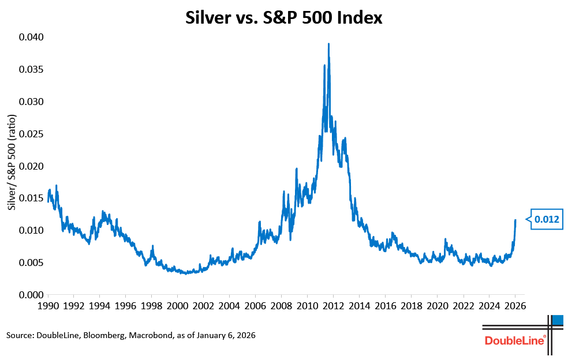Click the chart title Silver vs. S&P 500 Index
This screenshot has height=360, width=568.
[284, 18]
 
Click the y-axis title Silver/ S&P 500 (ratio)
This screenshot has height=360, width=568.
[12, 162]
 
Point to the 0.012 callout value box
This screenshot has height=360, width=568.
[546, 219]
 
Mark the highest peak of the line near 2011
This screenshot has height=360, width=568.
[328, 44]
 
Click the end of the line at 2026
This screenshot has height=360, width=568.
[515, 220]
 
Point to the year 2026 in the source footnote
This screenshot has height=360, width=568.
[244, 335]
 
